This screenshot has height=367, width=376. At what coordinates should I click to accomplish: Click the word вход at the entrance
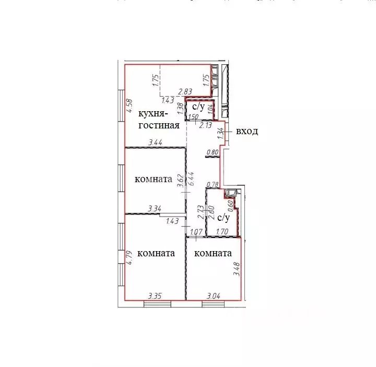pyautogui.click(x=247, y=131)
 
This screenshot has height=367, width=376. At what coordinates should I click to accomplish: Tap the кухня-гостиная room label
pyautogui.click(x=159, y=120)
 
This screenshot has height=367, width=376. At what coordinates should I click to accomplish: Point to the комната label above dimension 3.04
pyautogui.click(x=213, y=253)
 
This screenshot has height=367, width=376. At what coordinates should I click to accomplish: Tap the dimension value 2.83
pyautogui.click(x=185, y=92)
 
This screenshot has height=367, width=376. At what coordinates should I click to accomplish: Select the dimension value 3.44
pyautogui.click(x=155, y=141)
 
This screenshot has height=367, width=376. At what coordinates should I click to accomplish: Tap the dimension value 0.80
pyautogui.click(x=213, y=152)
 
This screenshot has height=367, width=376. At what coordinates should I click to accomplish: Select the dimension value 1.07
pyautogui.click(x=195, y=232)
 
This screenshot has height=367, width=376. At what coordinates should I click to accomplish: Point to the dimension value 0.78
pyautogui.click(x=213, y=184)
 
